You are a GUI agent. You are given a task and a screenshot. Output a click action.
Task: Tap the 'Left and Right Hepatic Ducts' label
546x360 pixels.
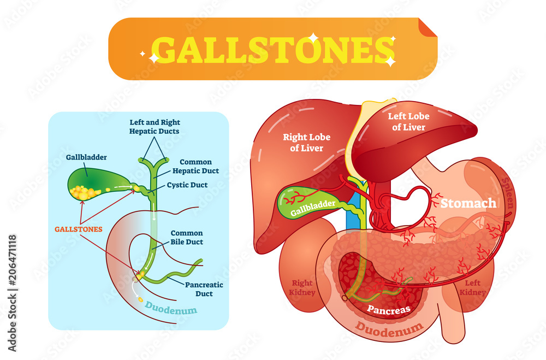pos(155,127)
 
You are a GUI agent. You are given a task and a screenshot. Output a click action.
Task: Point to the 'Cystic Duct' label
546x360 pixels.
pos(187,185)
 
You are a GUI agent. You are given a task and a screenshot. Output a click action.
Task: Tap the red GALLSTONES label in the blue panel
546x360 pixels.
pos(78,229)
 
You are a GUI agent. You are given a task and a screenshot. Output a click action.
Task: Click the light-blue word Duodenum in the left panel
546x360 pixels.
pos(171,311)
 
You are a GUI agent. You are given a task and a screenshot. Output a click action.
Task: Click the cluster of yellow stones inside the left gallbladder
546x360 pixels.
pos(85,192)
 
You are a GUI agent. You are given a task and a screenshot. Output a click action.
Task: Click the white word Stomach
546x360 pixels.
pos(468,204)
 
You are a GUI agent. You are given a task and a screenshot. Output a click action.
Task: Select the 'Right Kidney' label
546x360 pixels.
pos(302,287)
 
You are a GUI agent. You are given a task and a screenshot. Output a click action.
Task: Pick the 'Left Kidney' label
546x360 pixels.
pos(472,287)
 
